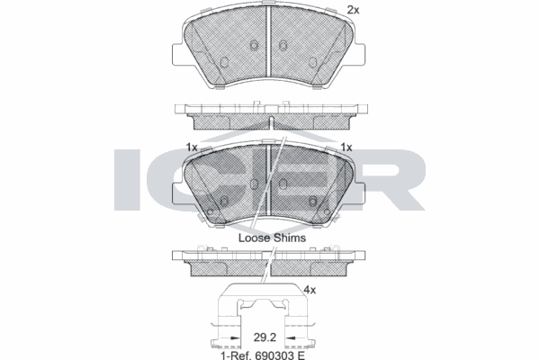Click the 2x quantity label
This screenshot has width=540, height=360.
point(353,10)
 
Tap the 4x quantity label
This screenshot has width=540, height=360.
point(310,291)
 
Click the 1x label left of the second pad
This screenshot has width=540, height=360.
point(192,148)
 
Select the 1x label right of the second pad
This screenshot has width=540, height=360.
point(346,148)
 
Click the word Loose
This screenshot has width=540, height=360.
point(255,238)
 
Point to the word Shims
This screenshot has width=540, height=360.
point(290,238)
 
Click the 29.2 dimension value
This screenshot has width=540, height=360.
point(265,337)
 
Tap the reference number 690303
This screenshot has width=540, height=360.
point(274,355)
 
